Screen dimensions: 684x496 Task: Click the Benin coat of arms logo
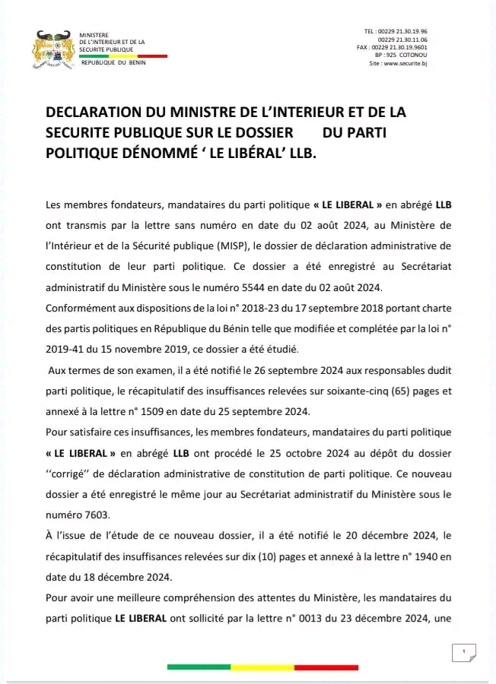point(56,49)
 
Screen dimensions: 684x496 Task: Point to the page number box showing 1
point(463,651)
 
